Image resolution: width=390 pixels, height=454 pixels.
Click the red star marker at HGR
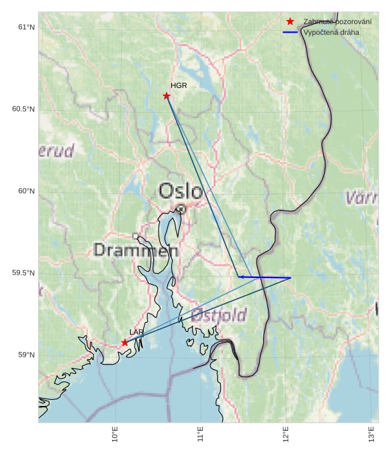(x=167, y=96)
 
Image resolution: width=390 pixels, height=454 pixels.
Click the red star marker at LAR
(x=125, y=343)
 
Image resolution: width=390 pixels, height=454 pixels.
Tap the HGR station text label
(x=179, y=85)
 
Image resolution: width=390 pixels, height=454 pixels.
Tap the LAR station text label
(x=137, y=332)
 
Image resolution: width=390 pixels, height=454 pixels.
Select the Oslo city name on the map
(x=180, y=191)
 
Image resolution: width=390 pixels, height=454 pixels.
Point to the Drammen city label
(x=136, y=250)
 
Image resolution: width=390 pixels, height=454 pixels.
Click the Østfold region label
(x=219, y=315)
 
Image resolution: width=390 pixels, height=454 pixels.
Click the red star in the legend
(x=290, y=21)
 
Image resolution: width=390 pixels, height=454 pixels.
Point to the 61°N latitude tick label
(x=26, y=27)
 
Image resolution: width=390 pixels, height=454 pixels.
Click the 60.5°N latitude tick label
(x=23, y=109)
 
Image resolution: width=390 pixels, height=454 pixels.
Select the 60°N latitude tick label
(x=26, y=191)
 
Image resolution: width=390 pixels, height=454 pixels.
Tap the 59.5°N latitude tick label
(x=23, y=273)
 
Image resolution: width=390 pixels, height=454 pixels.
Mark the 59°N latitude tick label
(x=26, y=355)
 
